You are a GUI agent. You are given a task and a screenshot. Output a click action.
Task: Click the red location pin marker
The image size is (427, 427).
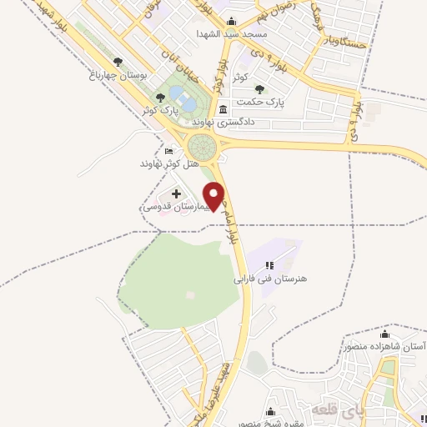point(216,195)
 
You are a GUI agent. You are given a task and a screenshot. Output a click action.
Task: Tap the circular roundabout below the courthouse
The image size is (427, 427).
point(202,148)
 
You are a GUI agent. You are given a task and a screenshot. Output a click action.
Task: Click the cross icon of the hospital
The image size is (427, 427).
point(176,193)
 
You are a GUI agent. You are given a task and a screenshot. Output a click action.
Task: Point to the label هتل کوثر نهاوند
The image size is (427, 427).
point(171,164)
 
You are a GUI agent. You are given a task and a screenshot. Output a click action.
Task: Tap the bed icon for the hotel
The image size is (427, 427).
point(171,152)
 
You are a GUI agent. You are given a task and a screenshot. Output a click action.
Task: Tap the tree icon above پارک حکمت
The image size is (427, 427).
point(260,88)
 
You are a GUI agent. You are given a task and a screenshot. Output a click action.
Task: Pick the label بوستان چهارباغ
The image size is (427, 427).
point(122,74)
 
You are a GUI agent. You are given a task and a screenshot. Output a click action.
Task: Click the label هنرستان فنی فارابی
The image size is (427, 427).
point(269,279)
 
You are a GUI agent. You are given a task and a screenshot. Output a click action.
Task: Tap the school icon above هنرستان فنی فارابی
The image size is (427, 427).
point(269,265)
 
